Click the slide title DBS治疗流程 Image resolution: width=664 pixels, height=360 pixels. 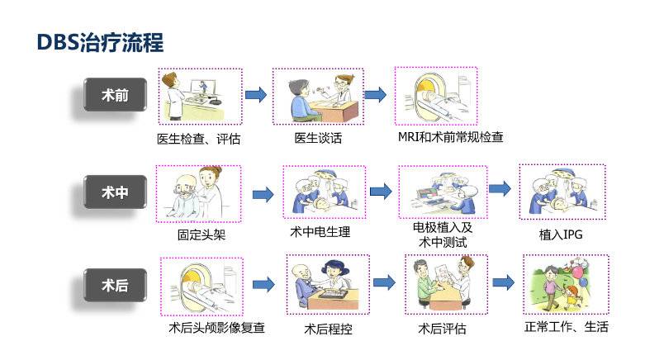tap(101, 42)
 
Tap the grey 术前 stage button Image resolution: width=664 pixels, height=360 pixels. tap(115, 95)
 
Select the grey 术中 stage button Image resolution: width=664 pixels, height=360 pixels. tap(115, 193)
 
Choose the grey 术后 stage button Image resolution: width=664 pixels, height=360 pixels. tap(115, 286)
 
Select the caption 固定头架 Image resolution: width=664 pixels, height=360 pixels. tap(201, 234)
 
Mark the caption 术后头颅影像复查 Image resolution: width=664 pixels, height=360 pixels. tap(216, 327)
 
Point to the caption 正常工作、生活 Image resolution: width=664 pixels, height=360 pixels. tap(566, 326)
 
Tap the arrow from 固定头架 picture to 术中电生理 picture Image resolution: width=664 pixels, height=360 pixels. tap(263, 194)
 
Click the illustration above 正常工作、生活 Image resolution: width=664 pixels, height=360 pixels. tap(566, 283)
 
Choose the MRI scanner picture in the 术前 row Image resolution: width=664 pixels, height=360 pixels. tap(438, 96)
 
